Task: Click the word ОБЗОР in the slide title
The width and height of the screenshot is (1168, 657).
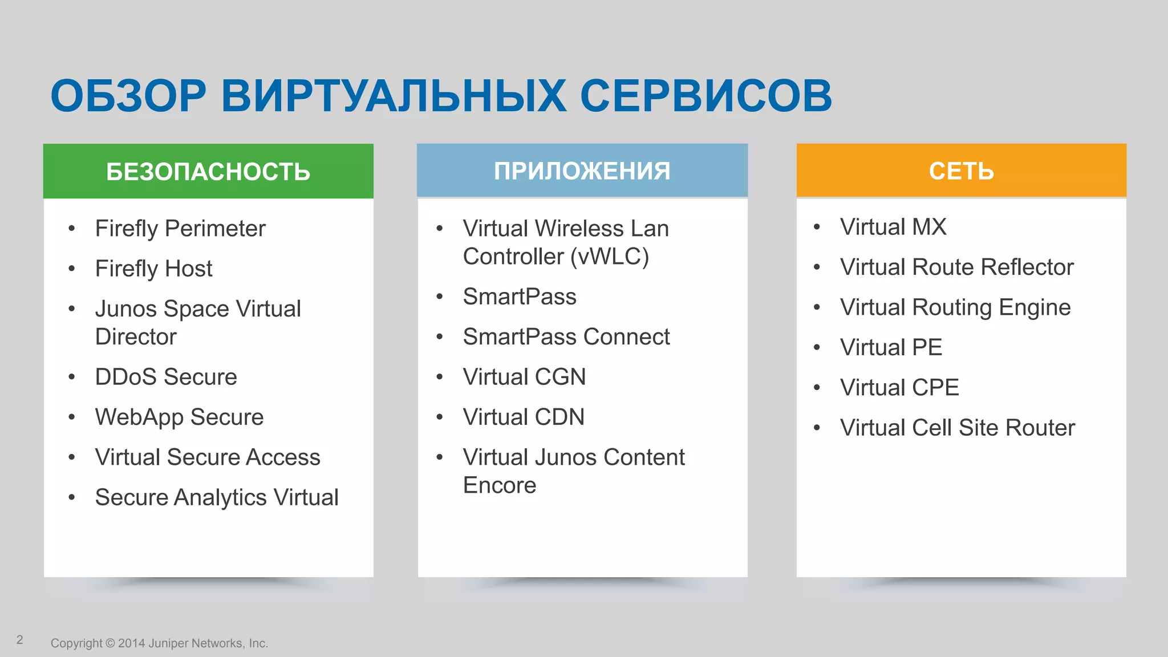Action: click(128, 96)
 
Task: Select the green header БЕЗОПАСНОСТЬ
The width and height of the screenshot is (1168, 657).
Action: click(208, 172)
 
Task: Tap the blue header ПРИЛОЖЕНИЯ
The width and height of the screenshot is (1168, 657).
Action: click(582, 171)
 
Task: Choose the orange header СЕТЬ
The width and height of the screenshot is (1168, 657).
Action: click(961, 171)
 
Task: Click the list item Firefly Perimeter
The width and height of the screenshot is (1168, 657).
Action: click(180, 229)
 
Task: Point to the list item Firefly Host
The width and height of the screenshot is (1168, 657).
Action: click(153, 269)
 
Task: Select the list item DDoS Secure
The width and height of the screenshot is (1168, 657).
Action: click(166, 377)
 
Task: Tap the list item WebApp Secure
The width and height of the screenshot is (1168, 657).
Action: click(179, 417)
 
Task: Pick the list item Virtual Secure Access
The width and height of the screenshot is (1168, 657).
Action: click(208, 457)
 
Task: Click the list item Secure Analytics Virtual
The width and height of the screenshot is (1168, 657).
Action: click(217, 497)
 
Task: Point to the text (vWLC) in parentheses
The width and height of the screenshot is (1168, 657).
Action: click(610, 257)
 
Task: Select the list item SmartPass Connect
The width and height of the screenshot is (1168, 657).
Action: click(566, 337)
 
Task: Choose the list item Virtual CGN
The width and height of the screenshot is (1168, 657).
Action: click(524, 377)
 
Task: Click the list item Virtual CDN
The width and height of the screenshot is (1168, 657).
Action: click(524, 417)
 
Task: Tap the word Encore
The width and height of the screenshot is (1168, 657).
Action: click(500, 485)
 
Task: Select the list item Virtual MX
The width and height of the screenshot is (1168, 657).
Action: click(893, 227)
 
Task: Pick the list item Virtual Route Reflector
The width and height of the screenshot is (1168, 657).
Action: click(956, 267)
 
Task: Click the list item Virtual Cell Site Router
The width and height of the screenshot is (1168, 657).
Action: click(957, 428)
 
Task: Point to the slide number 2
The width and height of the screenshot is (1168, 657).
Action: click(20, 640)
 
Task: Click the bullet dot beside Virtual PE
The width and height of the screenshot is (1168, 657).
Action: click(817, 347)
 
